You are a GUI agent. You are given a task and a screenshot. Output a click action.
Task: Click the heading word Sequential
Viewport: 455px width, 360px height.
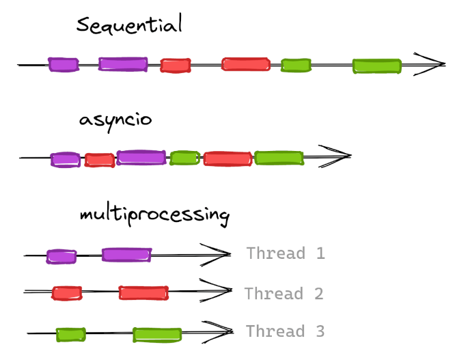[129, 26]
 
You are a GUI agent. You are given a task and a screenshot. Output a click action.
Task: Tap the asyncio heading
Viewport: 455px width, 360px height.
[115, 120]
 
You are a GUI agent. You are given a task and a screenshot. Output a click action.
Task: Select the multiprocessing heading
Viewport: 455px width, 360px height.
[154, 214]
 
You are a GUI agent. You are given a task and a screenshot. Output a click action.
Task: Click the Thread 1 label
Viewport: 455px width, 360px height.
[286, 253]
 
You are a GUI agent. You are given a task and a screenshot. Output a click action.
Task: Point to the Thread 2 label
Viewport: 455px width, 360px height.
[284, 294]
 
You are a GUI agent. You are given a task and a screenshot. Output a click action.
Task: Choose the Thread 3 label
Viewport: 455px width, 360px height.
[285, 331]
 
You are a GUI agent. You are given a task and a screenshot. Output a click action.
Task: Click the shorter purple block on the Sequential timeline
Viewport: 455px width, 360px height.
[63, 64]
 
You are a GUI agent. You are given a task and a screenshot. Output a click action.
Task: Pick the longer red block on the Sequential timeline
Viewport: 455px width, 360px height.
[245, 64]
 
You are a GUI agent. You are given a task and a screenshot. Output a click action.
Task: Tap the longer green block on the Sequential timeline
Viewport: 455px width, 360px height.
[376, 66]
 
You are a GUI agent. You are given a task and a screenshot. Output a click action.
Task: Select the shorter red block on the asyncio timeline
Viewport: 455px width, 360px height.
[99, 160]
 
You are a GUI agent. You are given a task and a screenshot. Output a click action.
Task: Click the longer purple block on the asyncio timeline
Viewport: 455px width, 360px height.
[141, 157]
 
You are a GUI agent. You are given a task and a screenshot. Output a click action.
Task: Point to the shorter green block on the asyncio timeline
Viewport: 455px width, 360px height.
[184, 158]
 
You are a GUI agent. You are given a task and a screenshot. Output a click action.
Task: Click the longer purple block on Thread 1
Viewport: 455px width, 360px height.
[126, 255]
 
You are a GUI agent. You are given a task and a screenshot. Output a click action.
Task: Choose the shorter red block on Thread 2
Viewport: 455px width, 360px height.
[67, 293]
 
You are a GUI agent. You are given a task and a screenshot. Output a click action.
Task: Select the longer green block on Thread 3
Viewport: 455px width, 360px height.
[157, 335]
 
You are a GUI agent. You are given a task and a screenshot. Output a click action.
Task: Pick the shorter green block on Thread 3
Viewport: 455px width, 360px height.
[70, 334]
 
